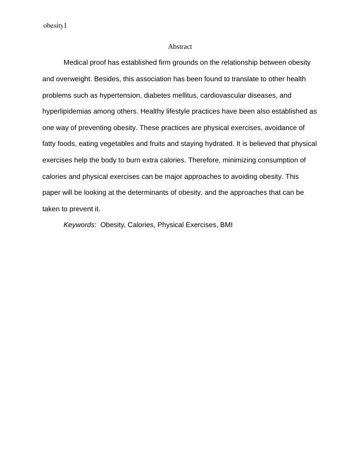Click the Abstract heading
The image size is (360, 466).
pyautogui.click(x=180, y=46)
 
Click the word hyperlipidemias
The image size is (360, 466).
pyautogui.click(x=68, y=111)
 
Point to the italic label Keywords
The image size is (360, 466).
pyautogui.click(x=79, y=225)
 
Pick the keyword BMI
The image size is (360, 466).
pyautogui.click(x=226, y=225)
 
